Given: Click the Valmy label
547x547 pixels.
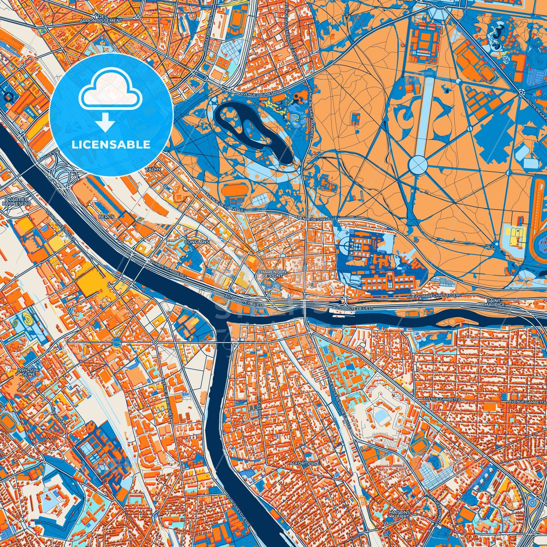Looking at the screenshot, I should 153,169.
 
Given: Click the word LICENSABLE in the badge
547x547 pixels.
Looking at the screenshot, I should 111,145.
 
